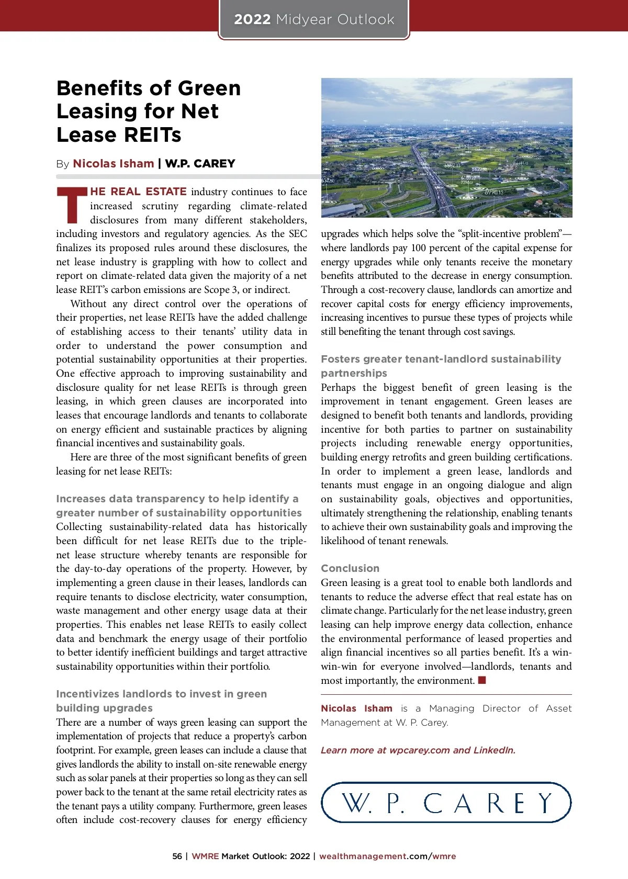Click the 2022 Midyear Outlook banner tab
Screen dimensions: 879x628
point(314,20)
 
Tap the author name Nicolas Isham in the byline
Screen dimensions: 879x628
point(114,164)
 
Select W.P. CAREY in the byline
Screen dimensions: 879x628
point(200,164)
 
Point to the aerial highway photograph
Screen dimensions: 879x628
point(446,148)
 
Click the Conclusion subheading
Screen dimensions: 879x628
point(350,568)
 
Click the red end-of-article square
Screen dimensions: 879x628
point(482,680)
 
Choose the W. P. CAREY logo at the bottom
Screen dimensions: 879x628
point(446,803)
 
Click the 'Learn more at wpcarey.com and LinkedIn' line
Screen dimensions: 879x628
point(418,750)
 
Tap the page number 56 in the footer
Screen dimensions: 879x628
point(177,857)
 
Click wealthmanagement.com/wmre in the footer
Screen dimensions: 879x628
point(387,857)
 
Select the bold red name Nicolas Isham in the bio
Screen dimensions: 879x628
point(356,708)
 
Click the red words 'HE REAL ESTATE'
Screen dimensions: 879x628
point(138,191)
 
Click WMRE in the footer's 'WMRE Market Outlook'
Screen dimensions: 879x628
point(205,857)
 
